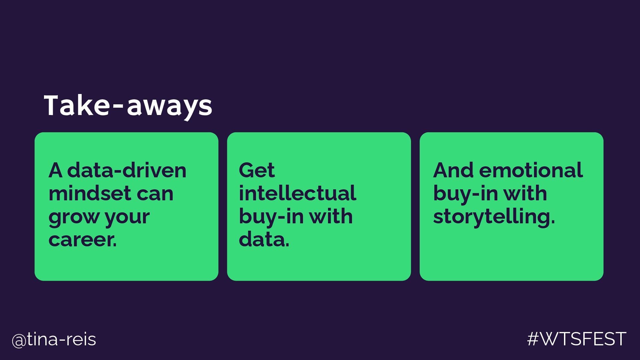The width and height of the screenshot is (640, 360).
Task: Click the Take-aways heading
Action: (x=128, y=105)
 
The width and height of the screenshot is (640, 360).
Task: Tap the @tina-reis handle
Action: (x=54, y=340)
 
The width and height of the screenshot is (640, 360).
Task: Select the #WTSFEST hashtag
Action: (x=577, y=339)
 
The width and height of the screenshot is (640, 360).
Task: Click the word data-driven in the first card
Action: (x=127, y=170)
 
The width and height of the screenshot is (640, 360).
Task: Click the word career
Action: (x=82, y=240)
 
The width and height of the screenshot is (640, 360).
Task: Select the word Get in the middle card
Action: (x=257, y=170)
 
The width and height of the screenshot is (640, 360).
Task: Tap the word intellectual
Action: (x=297, y=193)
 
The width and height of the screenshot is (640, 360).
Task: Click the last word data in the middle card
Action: (x=263, y=240)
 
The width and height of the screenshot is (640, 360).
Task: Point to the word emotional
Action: (x=531, y=170)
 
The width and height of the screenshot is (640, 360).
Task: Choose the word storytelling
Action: (x=494, y=217)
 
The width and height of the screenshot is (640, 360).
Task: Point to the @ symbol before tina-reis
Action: (x=19, y=340)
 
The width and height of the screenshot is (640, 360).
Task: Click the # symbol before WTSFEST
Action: (x=533, y=339)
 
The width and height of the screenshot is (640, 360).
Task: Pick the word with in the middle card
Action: (x=331, y=217)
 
